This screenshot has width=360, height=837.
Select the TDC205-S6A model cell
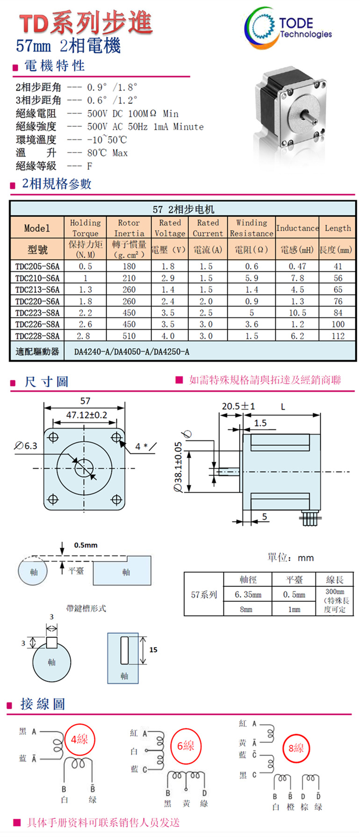coord(37,267)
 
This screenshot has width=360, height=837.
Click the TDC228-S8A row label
coord(37,336)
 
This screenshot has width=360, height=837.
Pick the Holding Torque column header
coord(85,228)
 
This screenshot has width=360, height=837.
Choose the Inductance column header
coord(297,228)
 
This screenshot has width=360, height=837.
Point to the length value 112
coord(338,336)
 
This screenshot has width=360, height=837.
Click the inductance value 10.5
coord(297,313)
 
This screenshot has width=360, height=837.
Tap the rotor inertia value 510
coord(129,336)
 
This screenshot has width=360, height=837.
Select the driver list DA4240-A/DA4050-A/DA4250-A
coord(132,352)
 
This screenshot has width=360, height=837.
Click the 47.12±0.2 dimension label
coord(86,415)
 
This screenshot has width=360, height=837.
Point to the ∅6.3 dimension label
coord(26,446)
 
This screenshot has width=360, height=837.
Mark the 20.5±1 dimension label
coord(238,406)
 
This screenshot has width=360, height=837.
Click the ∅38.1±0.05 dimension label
coord(178,467)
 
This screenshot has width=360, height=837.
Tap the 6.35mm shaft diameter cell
coord(248,595)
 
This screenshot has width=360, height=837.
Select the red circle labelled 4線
coord(79,739)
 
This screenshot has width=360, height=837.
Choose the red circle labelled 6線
coord(186,745)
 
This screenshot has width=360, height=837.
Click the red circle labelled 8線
coord(296,748)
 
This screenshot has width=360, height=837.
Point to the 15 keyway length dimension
coord(153,649)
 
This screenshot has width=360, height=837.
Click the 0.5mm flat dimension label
coord(86,545)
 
